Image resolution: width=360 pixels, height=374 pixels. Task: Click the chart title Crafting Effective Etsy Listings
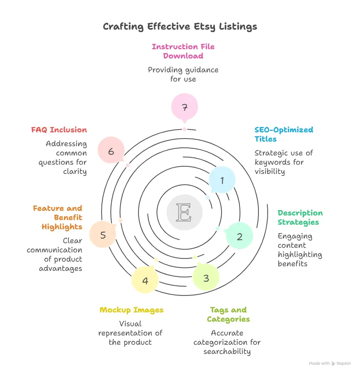point(180,27)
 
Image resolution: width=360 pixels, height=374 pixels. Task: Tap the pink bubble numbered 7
point(184,108)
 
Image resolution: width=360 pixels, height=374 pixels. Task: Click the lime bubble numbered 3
point(206,278)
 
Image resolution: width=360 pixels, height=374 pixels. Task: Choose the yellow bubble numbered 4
point(145,280)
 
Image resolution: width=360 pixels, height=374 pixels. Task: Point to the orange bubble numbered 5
point(103,235)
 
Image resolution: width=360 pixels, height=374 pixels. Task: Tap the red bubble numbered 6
point(111,152)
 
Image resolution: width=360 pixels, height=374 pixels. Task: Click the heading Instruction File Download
point(183,51)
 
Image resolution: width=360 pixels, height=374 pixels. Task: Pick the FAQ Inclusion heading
point(59,130)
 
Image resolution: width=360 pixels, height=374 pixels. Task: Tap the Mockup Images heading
point(132,310)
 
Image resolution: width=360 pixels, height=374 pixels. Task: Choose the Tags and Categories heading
point(228,314)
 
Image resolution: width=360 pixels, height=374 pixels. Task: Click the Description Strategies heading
point(300,217)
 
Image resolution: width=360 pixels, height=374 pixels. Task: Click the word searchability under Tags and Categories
point(227,351)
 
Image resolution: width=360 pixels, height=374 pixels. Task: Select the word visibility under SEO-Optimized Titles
point(270,171)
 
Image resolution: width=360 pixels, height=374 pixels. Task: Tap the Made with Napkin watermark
point(330,363)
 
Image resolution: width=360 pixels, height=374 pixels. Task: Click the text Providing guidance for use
point(183,75)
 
